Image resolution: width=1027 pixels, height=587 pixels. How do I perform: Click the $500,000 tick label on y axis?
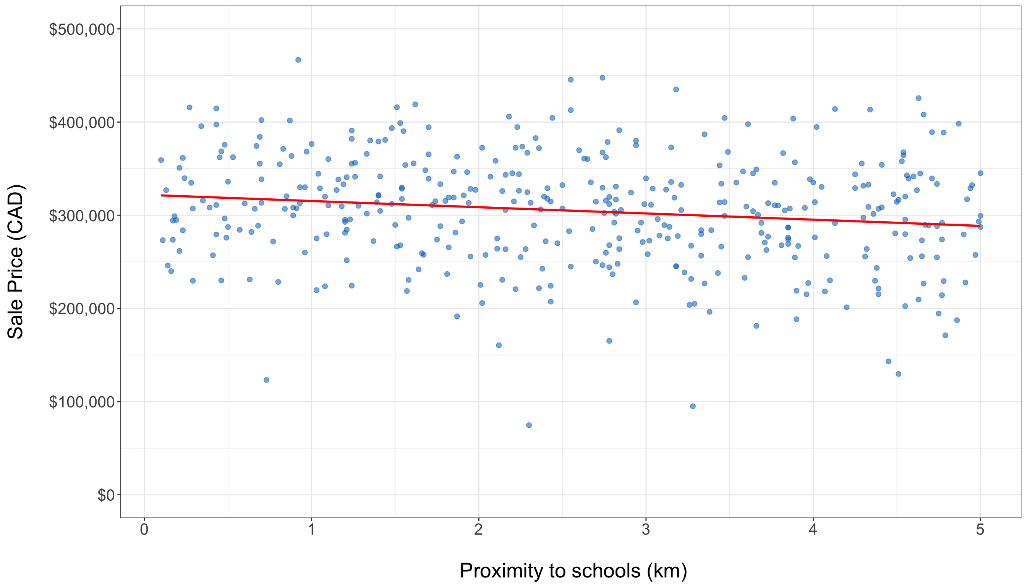(82, 29)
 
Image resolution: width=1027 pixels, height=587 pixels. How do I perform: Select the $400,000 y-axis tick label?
(82, 123)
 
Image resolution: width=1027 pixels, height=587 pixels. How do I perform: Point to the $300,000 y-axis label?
(82, 216)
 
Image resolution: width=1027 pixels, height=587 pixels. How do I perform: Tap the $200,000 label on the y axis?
(82, 309)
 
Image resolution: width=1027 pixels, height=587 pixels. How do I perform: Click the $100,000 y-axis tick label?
(82, 402)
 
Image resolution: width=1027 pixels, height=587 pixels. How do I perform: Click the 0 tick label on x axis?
(144, 529)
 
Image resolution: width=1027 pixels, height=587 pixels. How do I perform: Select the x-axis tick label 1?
(311, 529)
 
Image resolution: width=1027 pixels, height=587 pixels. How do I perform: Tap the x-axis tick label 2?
(478, 529)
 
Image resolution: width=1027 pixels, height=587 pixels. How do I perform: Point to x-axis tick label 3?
(646, 529)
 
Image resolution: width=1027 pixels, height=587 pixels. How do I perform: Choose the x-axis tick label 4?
(813, 529)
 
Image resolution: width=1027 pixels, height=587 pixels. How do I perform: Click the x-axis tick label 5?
(980, 529)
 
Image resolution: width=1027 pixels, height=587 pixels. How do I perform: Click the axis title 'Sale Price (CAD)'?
(16, 262)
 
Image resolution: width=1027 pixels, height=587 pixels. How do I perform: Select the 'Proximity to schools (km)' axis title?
(573, 571)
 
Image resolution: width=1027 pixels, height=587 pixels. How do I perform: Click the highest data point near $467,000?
(298, 60)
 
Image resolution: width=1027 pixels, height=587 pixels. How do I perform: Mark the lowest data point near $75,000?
(529, 425)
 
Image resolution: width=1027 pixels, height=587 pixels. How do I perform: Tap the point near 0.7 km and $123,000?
(266, 380)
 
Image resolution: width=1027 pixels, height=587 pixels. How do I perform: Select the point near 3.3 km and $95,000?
(693, 406)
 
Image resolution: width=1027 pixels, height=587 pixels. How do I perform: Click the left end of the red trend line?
(162, 196)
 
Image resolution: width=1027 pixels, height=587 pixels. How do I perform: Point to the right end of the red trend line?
(980, 226)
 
